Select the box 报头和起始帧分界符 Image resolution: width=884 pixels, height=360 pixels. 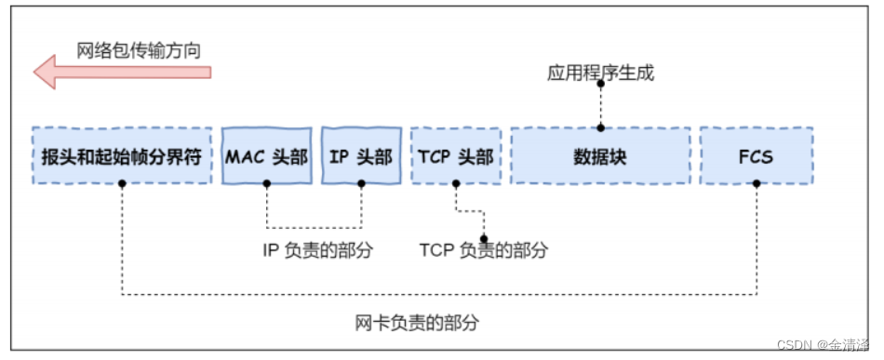coord(122,155)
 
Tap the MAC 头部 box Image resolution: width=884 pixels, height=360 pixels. coord(267,155)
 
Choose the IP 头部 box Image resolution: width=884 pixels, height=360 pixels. coord(361,155)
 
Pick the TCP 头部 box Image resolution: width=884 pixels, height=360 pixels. coord(456,155)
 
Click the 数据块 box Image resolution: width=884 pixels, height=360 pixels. coord(600,155)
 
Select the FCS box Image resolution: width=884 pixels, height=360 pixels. coord(756,155)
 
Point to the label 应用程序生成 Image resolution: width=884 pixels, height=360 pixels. coord(600,72)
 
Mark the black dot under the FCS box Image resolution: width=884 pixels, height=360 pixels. coord(756,183)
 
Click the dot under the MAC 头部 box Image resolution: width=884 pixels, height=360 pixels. coord(267,183)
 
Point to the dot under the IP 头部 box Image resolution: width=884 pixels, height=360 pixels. coord(361,183)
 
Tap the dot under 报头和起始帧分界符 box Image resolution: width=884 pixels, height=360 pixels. coord(122,183)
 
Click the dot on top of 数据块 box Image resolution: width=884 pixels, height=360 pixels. coord(600,127)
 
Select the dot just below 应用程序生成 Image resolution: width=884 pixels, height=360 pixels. coord(600,85)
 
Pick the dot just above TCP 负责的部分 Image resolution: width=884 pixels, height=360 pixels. coord(483,237)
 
